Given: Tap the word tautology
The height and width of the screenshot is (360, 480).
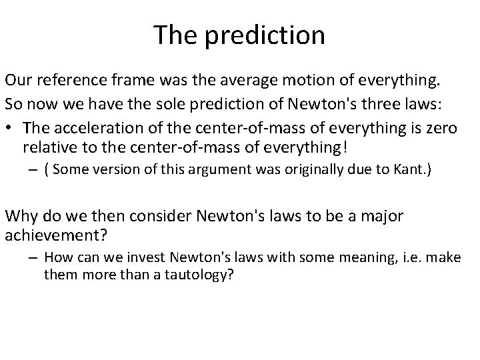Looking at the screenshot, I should tap(199, 275).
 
